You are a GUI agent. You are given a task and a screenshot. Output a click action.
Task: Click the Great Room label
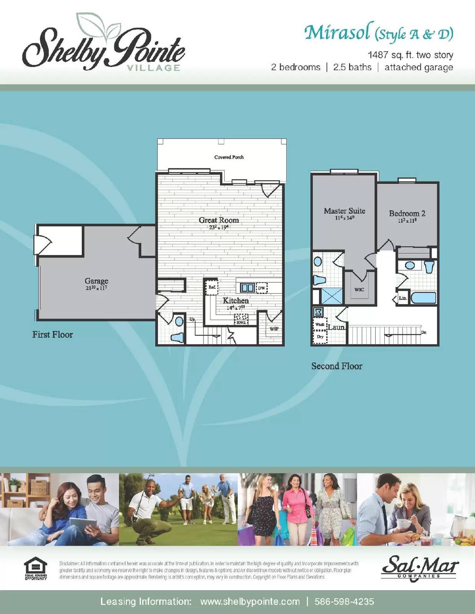(x=218, y=220)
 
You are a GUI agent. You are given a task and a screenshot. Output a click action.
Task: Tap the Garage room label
(x=96, y=281)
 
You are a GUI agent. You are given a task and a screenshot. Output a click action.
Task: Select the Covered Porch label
(x=229, y=157)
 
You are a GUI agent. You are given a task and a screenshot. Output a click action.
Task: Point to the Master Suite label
(x=344, y=211)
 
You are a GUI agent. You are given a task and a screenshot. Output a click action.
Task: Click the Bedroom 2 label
(x=407, y=214)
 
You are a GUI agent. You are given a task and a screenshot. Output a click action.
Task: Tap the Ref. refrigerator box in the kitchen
(x=212, y=287)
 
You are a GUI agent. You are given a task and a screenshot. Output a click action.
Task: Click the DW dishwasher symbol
(x=261, y=288)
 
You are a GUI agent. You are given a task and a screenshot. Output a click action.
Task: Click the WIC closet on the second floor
(x=359, y=289)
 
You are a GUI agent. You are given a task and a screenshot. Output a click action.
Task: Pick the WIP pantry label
(x=274, y=329)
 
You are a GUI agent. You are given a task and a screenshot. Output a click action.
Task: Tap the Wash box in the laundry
(x=319, y=325)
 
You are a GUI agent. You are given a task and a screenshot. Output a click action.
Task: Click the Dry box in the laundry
(x=319, y=337)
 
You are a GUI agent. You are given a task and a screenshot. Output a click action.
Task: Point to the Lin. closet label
(x=402, y=298)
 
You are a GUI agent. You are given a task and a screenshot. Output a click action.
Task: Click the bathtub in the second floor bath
(x=424, y=298)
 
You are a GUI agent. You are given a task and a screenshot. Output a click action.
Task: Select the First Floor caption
(x=53, y=335)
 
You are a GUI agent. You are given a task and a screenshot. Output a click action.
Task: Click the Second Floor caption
(x=337, y=366)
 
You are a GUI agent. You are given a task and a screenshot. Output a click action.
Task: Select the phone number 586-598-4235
(x=344, y=601)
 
